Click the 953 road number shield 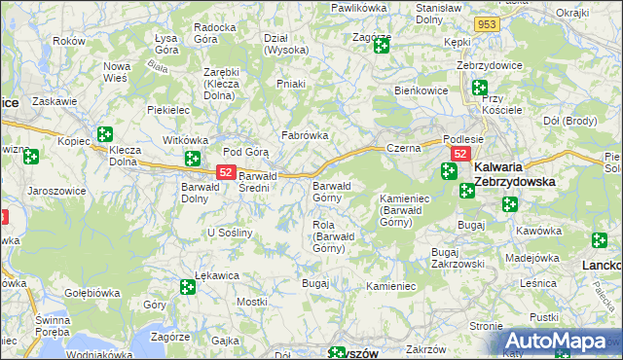click(489, 24)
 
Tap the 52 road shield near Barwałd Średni click(225, 172)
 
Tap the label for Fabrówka click(304, 135)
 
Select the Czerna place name click(402, 148)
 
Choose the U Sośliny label click(231, 233)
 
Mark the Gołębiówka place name click(92, 291)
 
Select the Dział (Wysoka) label click(286, 44)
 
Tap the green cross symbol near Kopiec click(105, 136)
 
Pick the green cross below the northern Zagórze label click(381, 46)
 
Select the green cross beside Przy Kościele click(479, 88)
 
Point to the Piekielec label click(167, 111)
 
